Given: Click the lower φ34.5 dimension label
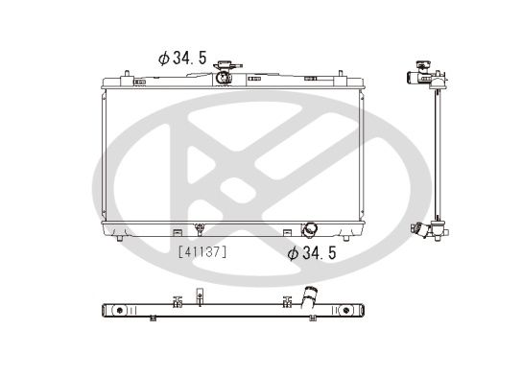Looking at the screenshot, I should tap(314, 253).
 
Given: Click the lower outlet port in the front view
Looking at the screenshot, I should tap(311, 230).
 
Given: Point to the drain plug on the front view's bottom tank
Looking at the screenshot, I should tap(199, 229).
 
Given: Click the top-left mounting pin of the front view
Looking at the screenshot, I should tap(124, 71).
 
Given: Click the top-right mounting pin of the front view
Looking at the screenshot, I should tap(343, 71).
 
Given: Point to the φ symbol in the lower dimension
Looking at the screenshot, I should tap(293, 253).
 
